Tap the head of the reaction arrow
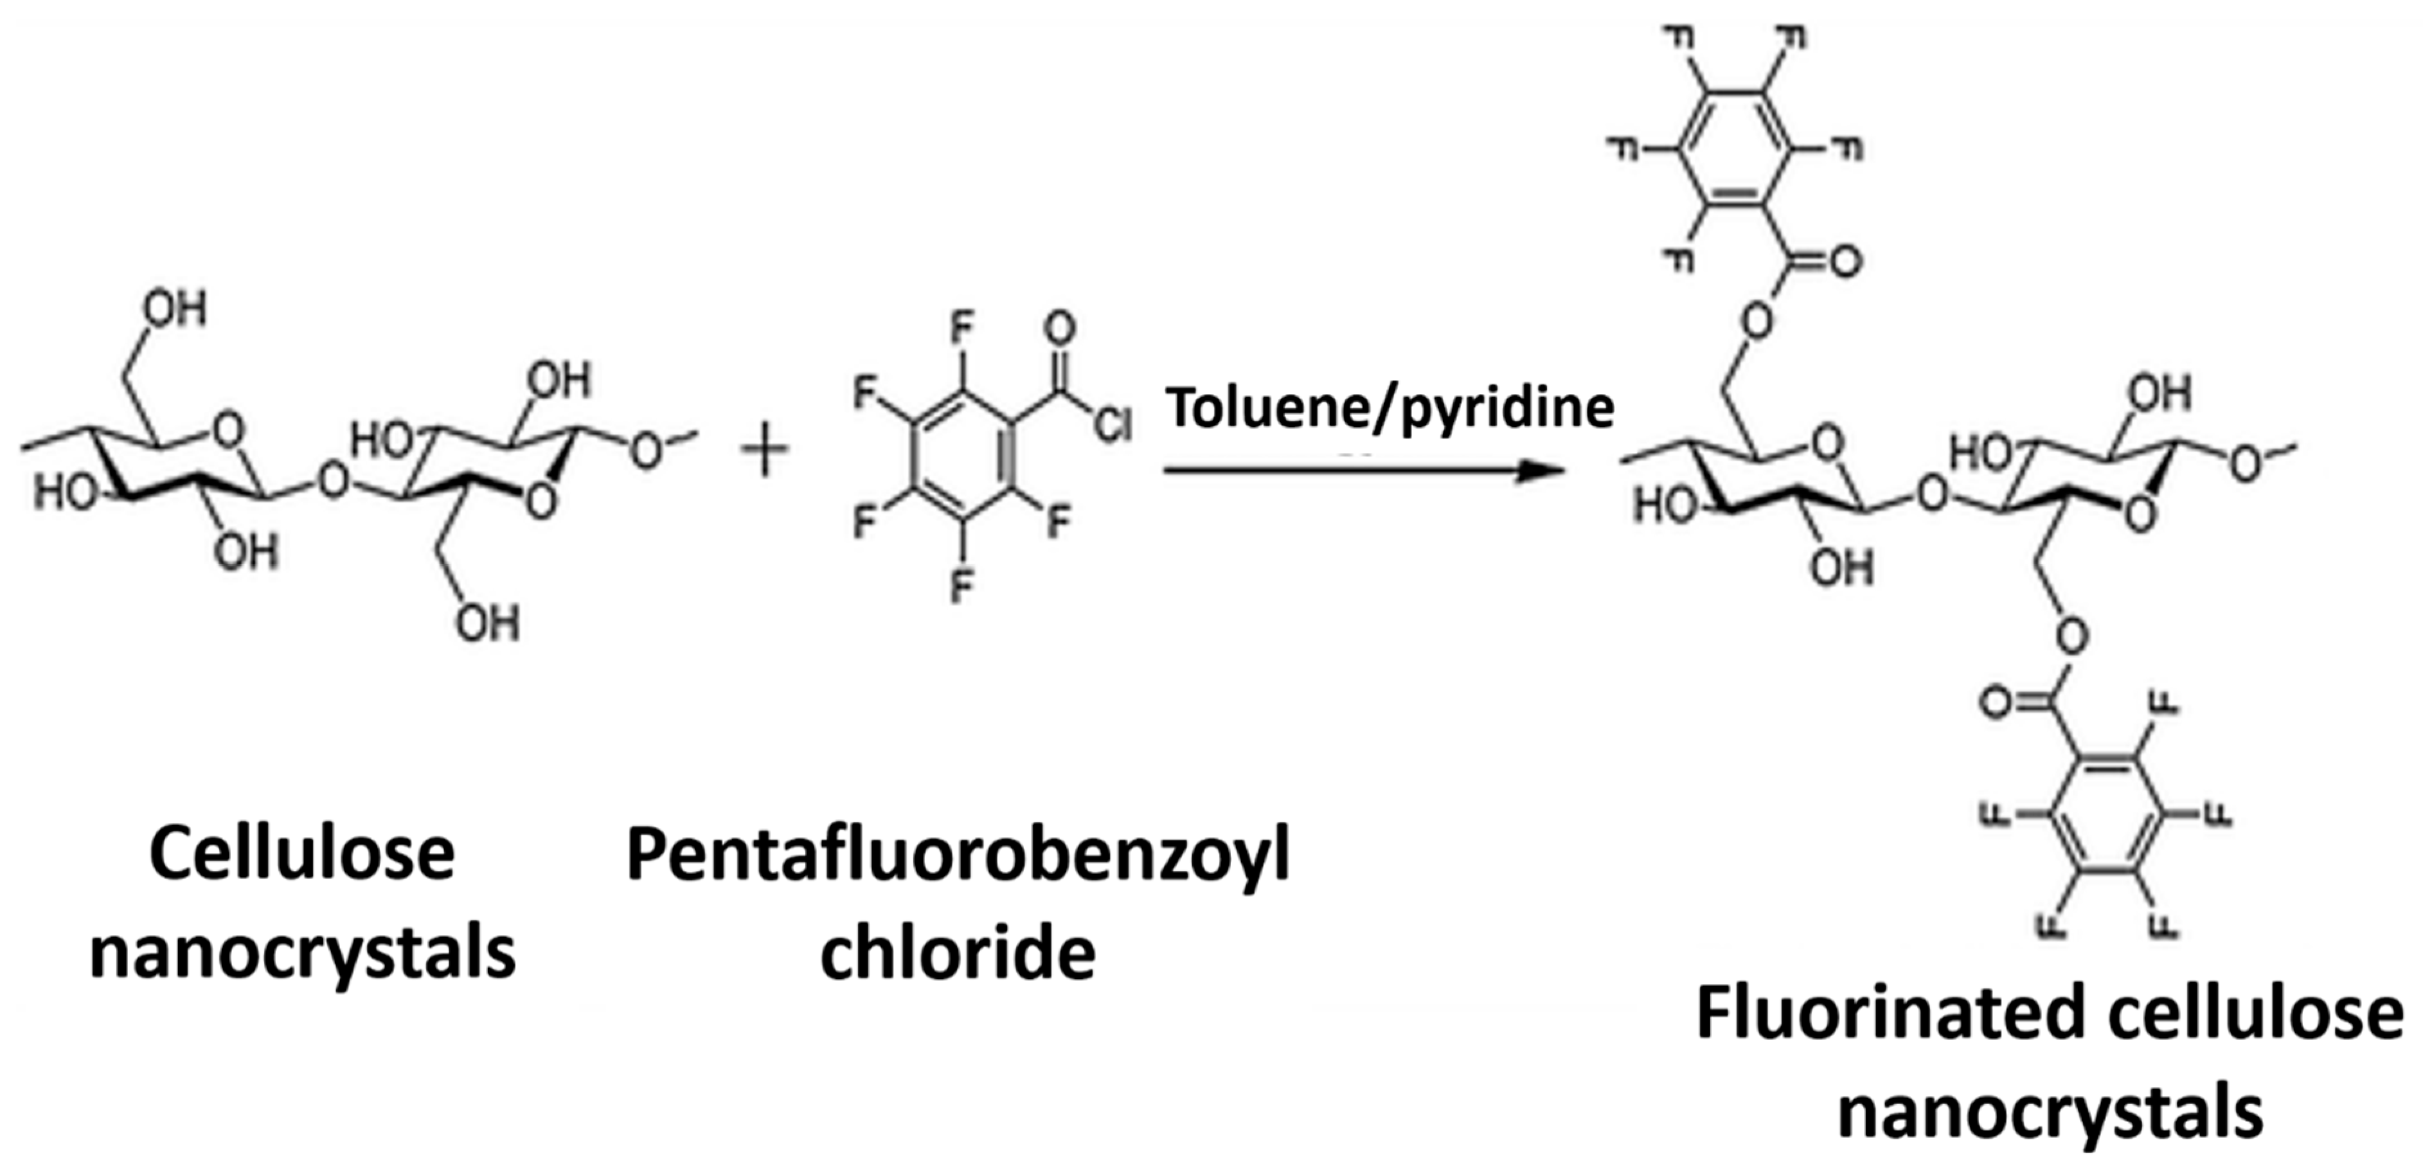pyautogui.click(x=1539, y=470)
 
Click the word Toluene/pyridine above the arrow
pyautogui.click(x=1390, y=408)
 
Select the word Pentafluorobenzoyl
pyautogui.click(x=958, y=856)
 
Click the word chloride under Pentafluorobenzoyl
pyautogui.click(x=958, y=954)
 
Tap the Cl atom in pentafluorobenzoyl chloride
pyautogui.click(x=1112, y=426)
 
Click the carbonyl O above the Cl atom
pyautogui.click(x=1059, y=329)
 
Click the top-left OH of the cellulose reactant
pyautogui.click(x=174, y=308)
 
